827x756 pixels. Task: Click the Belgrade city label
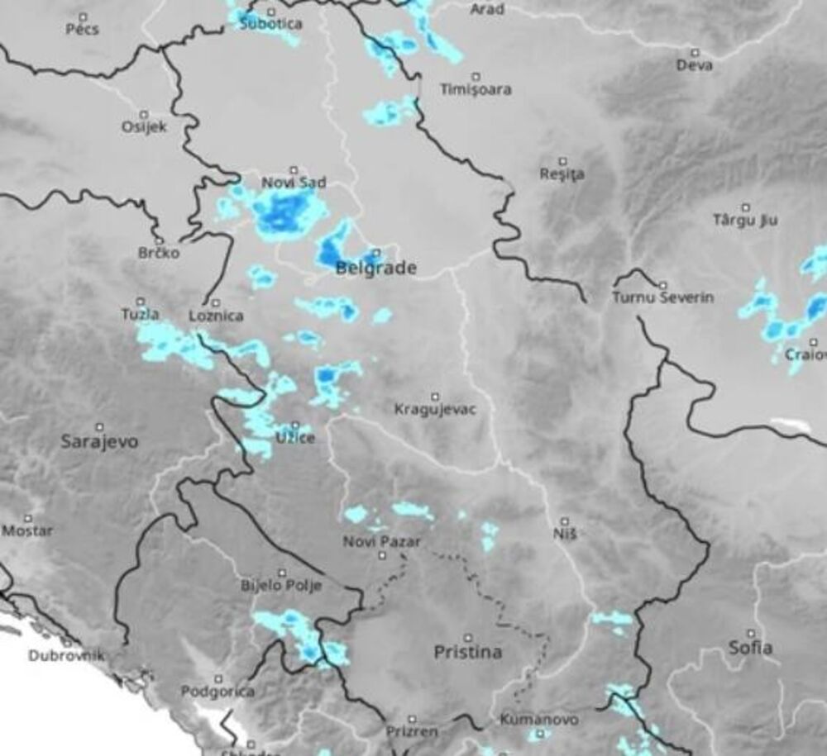(x=375, y=269)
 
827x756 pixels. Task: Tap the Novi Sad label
(x=294, y=183)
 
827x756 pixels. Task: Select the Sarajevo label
(x=100, y=441)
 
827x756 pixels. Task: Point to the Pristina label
(x=468, y=652)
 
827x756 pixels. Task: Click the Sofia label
(x=750, y=647)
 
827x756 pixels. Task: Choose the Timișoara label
(x=476, y=89)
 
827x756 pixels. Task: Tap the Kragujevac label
(x=435, y=409)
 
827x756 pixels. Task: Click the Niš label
(x=566, y=534)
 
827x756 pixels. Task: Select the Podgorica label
(x=218, y=691)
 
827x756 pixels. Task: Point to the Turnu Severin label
(x=662, y=297)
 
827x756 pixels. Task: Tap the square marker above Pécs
(x=83, y=17)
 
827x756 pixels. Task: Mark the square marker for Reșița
(x=563, y=161)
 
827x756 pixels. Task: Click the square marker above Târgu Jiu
(x=745, y=207)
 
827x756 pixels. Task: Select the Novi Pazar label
(x=382, y=542)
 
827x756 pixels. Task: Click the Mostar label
(x=27, y=530)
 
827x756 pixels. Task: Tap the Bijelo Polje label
(x=280, y=586)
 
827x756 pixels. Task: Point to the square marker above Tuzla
(x=141, y=302)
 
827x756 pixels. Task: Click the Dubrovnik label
(x=66, y=656)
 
